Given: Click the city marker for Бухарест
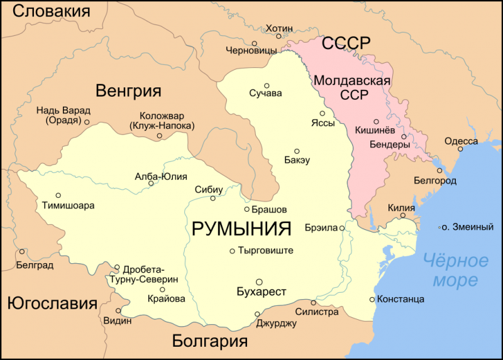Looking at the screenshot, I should coord(258,281).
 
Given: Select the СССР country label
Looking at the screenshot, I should coord(346,45).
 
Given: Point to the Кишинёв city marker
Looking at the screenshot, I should coord(376,121).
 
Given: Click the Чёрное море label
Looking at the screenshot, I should coord(455,269).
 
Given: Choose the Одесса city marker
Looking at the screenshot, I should coord(459,149).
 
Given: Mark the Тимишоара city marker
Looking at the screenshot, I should coord(58,195).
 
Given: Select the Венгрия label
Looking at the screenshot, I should coord(128,90).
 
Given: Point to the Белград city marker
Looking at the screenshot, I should coord(22,252).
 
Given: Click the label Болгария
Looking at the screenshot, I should coord(209,341).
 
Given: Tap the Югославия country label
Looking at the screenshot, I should coord(52,304).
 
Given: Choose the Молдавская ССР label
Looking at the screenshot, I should coord(352,88).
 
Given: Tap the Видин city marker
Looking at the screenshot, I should coord(118,310).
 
